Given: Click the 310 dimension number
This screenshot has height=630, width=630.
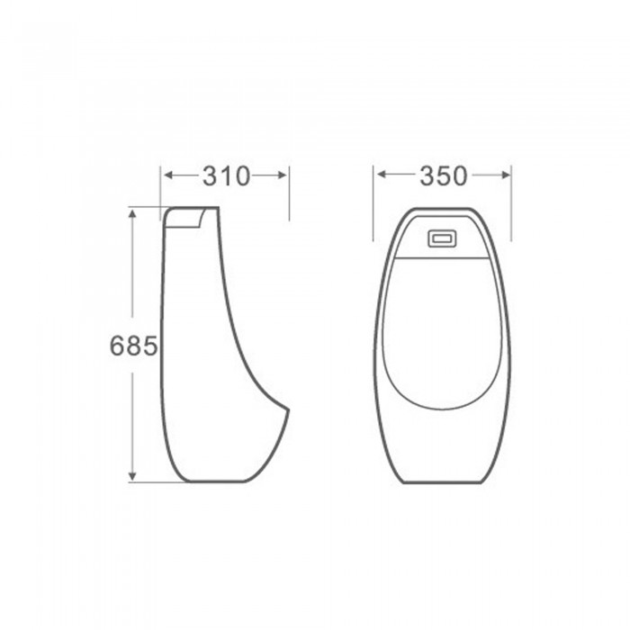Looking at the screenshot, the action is point(226,176).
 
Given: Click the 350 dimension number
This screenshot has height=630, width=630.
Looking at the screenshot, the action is point(444,176).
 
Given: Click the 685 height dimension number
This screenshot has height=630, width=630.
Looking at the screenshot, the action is point(134,346).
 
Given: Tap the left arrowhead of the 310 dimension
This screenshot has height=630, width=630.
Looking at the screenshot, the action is point(168,175).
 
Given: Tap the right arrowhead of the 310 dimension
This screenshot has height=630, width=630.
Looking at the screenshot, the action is point(283,175).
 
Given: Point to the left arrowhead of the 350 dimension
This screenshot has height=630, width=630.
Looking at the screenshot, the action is point(382,175).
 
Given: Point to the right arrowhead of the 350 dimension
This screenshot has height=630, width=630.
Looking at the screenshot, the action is point(506,175).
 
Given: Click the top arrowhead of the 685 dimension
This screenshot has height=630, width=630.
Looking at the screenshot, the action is point(132,213).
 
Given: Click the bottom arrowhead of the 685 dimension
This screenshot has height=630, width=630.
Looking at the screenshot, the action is point(132,476).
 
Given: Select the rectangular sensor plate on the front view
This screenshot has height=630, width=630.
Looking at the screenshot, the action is point(443,238).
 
